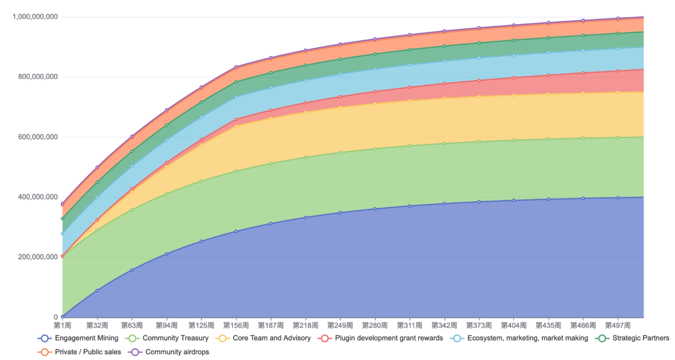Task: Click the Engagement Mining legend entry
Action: pos(78,338)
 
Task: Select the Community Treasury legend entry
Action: pos(167,338)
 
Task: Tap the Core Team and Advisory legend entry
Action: pos(263,338)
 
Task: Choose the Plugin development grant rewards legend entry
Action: pos(381,338)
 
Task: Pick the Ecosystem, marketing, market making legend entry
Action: pos(519,338)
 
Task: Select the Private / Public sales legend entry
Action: pos(79,352)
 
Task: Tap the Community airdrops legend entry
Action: pos(169,352)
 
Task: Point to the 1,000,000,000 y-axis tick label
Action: pos(35,17)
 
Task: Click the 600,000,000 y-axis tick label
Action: pos(38,137)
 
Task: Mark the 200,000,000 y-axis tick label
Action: pos(38,257)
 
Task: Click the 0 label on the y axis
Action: pos(56,317)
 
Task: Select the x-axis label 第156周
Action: pos(236,325)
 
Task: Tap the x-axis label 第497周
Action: pos(617,325)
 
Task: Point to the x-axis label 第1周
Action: pos(62,325)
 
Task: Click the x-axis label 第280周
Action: pos(374,325)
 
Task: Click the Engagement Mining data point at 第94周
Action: pos(166,254)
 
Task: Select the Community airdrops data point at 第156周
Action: pos(236,67)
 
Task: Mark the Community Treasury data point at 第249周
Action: pos(340,153)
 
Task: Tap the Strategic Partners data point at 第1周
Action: pos(62,219)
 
